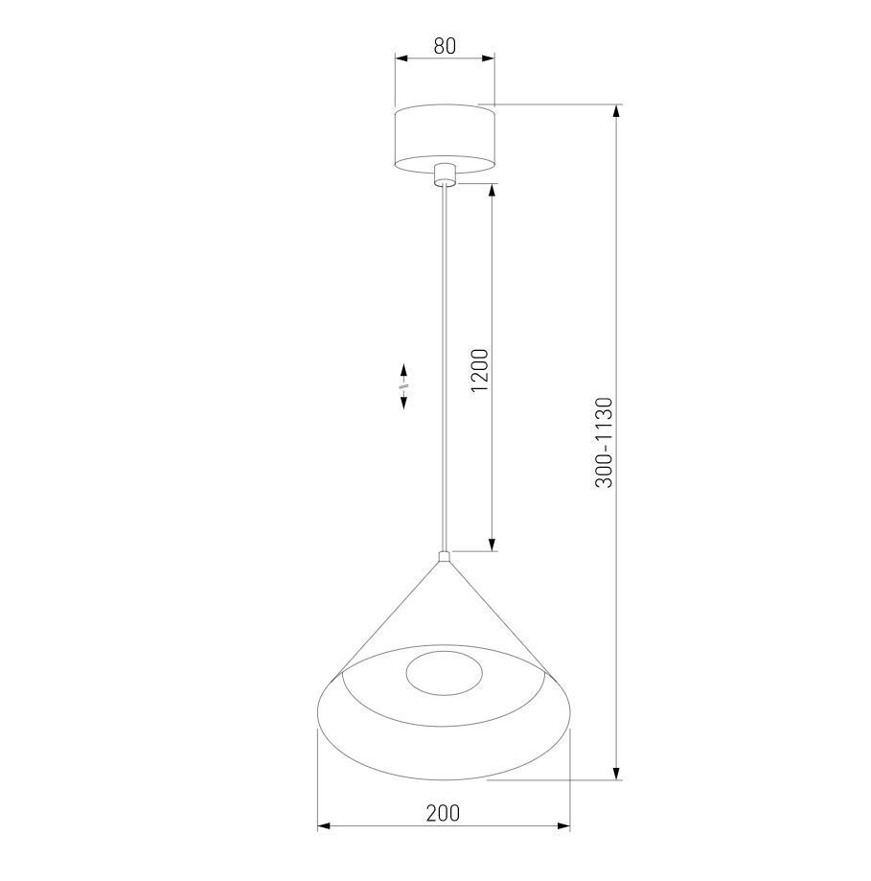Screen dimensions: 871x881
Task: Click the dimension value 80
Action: click(x=445, y=46)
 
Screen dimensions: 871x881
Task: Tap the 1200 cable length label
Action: click(x=480, y=370)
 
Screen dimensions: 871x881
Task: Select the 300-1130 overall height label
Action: click(x=605, y=443)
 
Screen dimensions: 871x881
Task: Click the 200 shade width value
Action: click(x=443, y=812)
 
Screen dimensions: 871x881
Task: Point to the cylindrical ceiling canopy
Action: click(x=445, y=139)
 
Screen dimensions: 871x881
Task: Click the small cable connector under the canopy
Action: click(x=445, y=174)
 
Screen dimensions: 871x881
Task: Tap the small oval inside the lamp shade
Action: click(x=444, y=674)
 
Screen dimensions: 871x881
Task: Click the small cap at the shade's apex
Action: click(x=445, y=557)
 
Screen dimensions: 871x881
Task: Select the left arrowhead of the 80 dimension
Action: click(x=401, y=58)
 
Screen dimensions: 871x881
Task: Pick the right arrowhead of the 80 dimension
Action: click(x=489, y=58)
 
